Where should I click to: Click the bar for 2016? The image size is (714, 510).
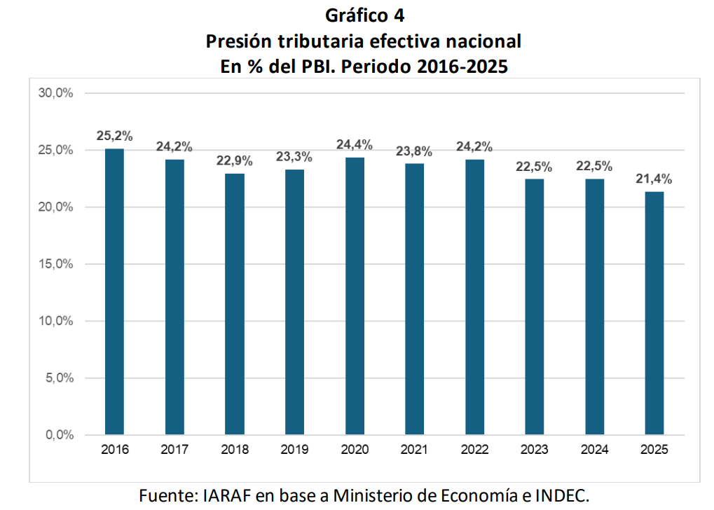click(x=114, y=291)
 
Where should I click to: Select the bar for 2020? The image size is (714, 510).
click(x=355, y=296)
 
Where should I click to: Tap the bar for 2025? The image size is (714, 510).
click(x=654, y=313)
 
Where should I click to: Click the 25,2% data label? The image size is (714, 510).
click(x=114, y=136)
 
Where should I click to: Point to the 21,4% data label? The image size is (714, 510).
click(x=654, y=179)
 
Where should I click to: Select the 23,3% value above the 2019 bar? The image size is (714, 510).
click(x=294, y=158)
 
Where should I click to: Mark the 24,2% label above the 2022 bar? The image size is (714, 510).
click(x=474, y=147)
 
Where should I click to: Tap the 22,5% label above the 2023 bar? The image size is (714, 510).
click(x=534, y=167)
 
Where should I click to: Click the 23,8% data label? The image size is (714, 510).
click(x=414, y=151)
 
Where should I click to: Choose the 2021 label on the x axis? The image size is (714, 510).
click(x=414, y=450)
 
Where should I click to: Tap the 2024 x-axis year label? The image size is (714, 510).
click(x=594, y=450)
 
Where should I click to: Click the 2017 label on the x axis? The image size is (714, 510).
click(x=174, y=450)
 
